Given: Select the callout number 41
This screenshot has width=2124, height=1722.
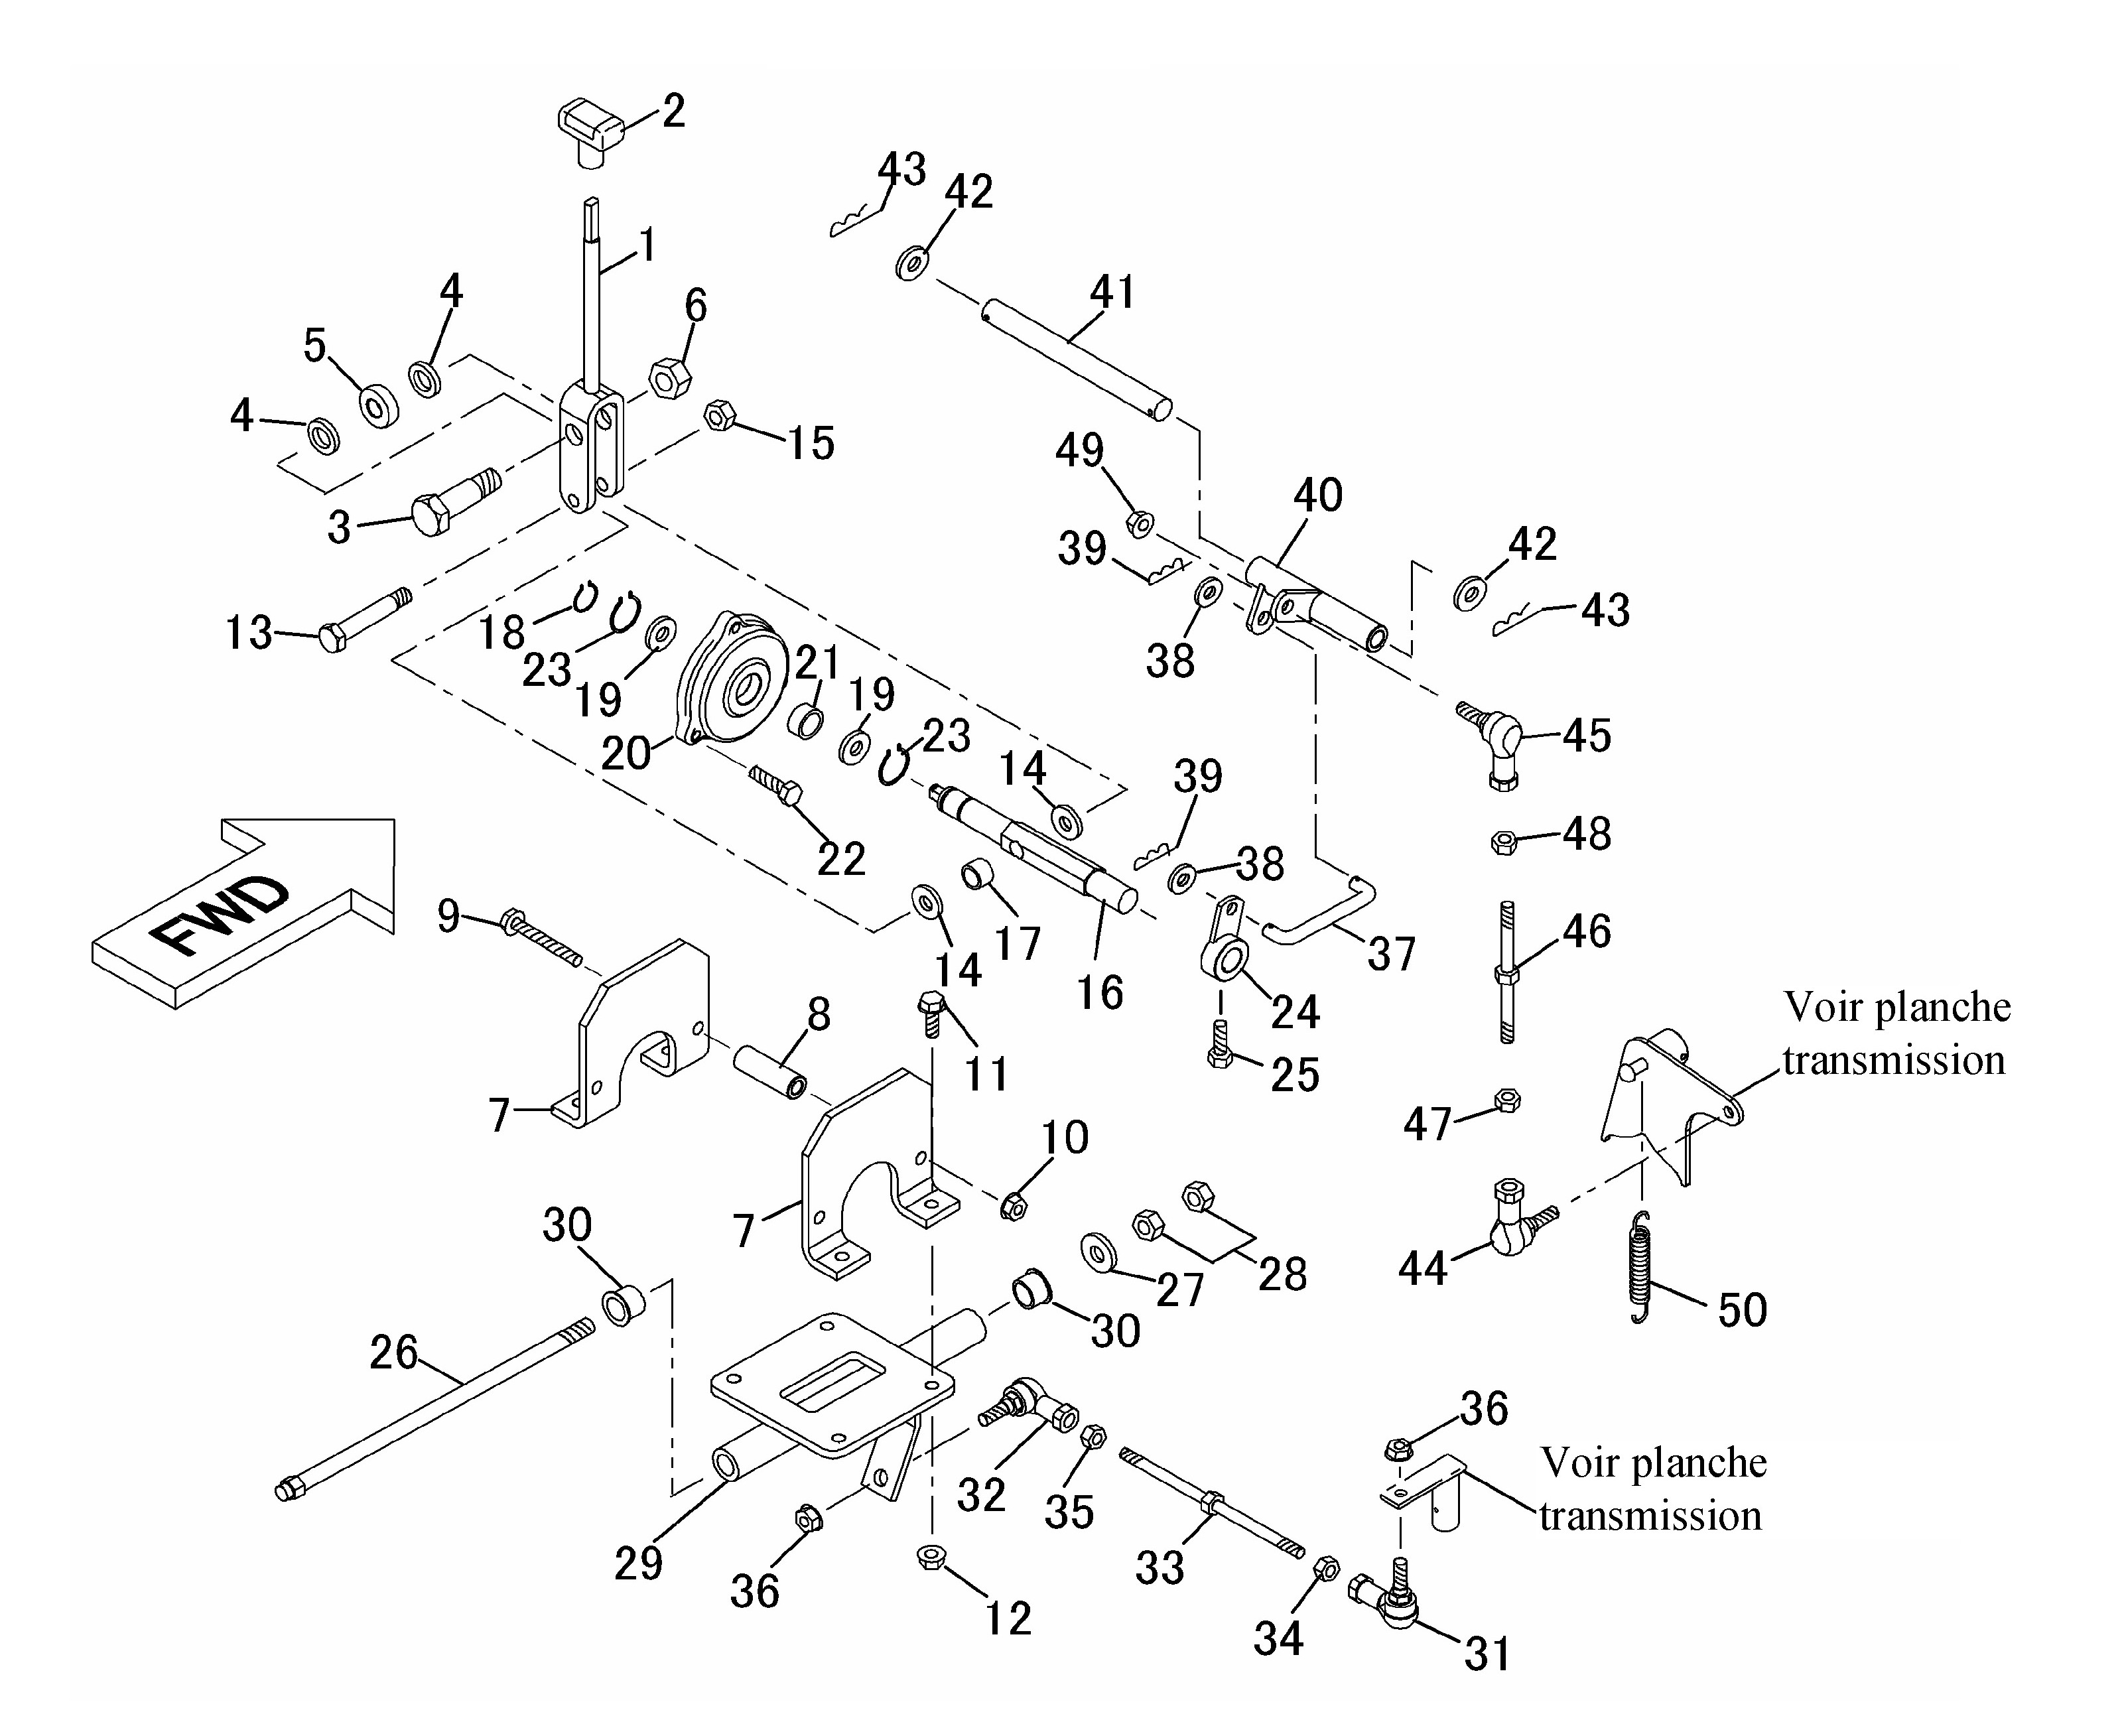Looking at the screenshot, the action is tap(1112, 292).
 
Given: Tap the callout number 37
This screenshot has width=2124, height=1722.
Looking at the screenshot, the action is tap(1391, 953).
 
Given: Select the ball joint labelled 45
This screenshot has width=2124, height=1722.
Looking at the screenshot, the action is tap(1490, 740).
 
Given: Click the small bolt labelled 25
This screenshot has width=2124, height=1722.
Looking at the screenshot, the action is tap(1221, 1043).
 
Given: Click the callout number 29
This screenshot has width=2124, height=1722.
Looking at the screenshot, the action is tap(638, 1563).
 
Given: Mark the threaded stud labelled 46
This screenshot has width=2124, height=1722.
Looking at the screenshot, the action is tap(1506, 972).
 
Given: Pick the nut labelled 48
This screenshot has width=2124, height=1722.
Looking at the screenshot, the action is tap(1504, 843).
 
